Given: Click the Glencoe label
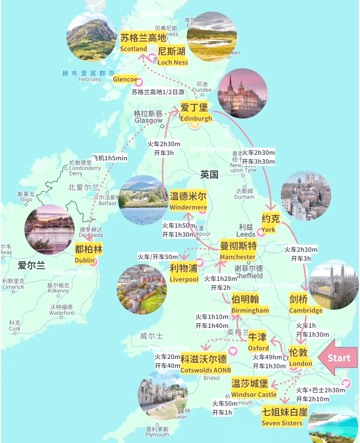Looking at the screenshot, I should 125,79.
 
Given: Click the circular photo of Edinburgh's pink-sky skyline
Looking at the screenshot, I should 242,93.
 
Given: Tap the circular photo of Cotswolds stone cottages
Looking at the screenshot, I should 163,395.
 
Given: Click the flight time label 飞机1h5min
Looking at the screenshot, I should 110,158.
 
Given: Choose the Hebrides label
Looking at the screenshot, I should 90,79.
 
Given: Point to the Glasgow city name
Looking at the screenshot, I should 148,120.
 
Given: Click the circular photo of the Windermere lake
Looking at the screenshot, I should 144,200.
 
